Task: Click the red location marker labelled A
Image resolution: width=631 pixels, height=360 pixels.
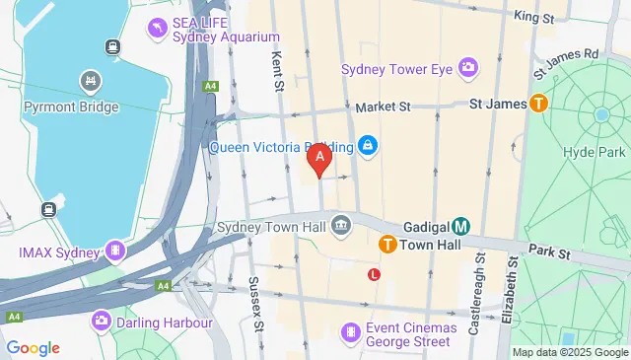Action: tap(319, 158)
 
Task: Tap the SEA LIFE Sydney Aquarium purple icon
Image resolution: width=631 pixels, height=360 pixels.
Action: tap(156, 28)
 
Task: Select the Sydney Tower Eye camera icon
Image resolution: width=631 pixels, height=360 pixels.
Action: tap(467, 68)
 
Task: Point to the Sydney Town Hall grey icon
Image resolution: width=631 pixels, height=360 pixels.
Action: tap(341, 225)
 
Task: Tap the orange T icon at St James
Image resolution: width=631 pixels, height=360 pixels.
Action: tap(538, 102)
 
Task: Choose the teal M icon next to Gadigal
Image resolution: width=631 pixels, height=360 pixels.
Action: tap(460, 226)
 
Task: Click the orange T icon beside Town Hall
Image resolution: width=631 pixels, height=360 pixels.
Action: tap(388, 244)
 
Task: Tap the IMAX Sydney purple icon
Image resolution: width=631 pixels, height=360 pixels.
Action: tap(115, 252)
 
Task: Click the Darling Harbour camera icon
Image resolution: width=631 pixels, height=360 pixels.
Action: tap(102, 322)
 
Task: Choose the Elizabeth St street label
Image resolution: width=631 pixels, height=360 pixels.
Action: tap(512, 291)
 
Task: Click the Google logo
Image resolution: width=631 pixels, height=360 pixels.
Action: tap(33, 347)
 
